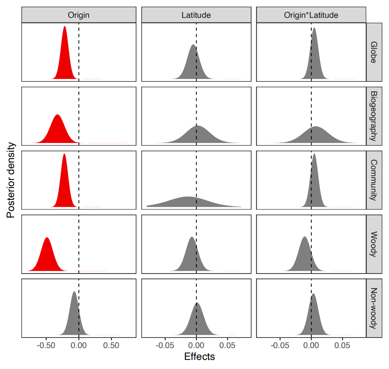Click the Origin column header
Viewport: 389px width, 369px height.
pos(79,15)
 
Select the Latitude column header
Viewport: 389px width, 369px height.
pos(196,15)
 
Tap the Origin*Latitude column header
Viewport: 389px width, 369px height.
pos(311,15)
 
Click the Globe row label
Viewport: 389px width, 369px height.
pos(374,52)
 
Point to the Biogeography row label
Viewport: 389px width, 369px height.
pos(374,116)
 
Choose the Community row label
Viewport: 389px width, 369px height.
pos(374,180)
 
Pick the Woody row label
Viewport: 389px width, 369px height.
pos(374,244)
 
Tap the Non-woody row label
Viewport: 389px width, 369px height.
pos(374,308)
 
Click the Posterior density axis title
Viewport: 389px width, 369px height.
pos(10,180)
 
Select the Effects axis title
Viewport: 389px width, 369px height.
pos(199,357)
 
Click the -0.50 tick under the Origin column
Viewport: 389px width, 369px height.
pos(46,345)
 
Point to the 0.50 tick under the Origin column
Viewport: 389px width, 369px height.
pos(111,345)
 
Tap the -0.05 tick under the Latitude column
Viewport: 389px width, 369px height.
pos(165,345)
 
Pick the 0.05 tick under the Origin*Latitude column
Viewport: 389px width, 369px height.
pos(342,345)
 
